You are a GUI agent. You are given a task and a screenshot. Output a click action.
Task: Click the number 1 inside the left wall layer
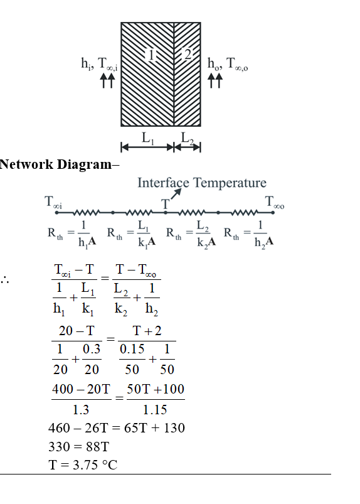[x=151, y=55]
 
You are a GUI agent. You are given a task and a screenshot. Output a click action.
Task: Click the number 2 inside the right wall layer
[x=188, y=54]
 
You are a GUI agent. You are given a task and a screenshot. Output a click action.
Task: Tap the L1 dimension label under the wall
[x=148, y=138]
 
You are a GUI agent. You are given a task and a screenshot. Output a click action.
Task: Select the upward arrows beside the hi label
[x=107, y=80]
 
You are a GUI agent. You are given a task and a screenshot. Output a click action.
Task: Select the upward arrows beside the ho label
[x=214, y=80]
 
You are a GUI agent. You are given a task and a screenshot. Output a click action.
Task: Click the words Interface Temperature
[x=202, y=183]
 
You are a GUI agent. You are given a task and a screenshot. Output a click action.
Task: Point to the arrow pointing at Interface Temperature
[x=176, y=194]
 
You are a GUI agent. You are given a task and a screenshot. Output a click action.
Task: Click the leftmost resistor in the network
[x=87, y=213]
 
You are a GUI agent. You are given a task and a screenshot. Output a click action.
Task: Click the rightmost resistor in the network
[x=245, y=213]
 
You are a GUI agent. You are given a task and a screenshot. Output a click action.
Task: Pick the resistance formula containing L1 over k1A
[x=131, y=233]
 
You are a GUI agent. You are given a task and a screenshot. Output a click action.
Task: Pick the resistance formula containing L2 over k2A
[x=191, y=233]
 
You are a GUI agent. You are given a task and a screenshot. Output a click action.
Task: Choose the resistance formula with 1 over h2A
[x=249, y=233]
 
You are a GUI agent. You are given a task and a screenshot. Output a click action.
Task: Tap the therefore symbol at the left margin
[x=4, y=280]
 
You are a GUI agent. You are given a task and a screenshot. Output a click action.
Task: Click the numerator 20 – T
[x=77, y=331]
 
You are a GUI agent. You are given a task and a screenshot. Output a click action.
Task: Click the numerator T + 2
[x=147, y=331]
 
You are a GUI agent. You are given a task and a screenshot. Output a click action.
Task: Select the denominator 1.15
[x=155, y=410]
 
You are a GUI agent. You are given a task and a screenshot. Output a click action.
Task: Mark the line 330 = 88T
[x=78, y=447]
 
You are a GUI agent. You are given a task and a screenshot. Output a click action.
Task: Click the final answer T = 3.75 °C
[x=83, y=465]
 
